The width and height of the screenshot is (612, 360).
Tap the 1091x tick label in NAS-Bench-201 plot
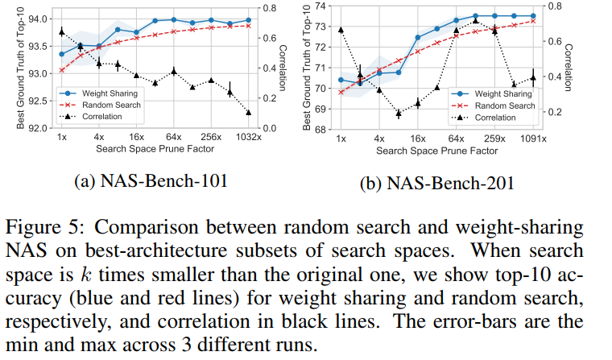click(x=533, y=139)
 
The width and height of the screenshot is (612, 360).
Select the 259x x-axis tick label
click(x=495, y=139)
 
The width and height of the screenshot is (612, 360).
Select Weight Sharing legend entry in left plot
click(x=109, y=93)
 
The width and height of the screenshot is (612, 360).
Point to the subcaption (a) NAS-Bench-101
click(x=150, y=182)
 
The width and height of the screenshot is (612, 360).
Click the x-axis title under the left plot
click(x=150, y=149)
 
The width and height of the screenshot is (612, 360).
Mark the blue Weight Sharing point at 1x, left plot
click(x=62, y=54)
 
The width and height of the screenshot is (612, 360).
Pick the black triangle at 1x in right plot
click(x=341, y=29)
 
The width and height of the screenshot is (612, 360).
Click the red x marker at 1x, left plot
click(x=62, y=70)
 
